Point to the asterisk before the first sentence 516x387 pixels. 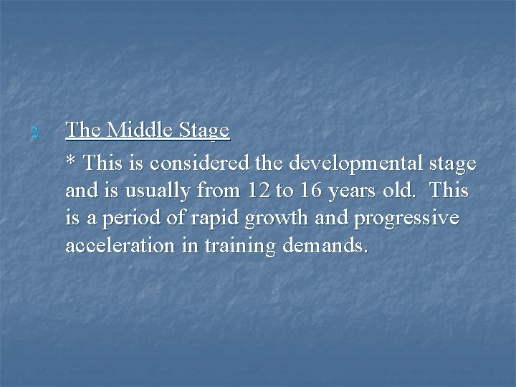click(x=70, y=162)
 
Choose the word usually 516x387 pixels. click(x=158, y=192)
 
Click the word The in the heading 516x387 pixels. click(x=82, y=130)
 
